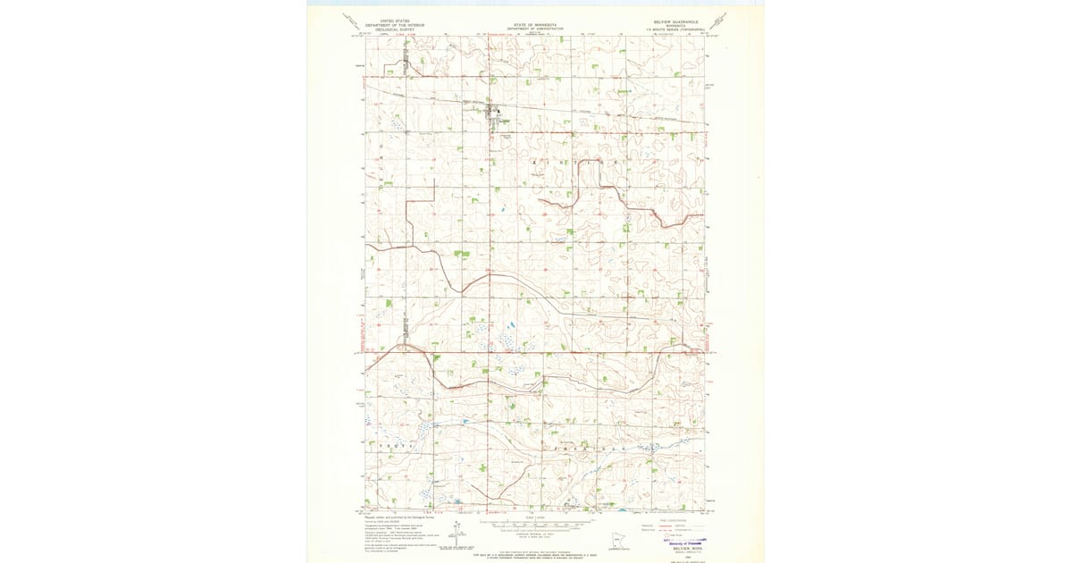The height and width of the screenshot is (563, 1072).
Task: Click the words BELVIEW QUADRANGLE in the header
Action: point(680,20)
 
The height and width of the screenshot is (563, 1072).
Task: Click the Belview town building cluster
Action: point(492,113)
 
